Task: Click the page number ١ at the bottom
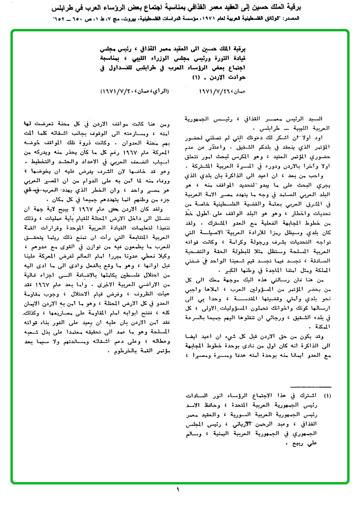(x=178, y=490)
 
